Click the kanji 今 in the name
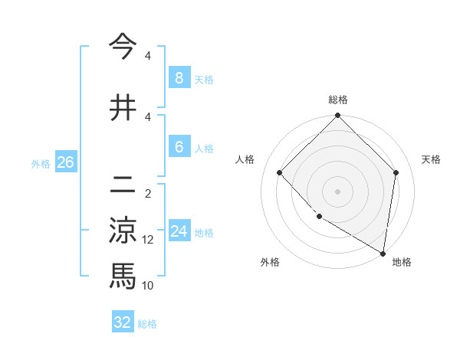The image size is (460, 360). pyautogui.click(x=123, y=47)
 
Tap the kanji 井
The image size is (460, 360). pyautogui.click(x=123, y=108)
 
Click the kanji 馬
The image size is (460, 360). pyautogui.click(x=123, y=275)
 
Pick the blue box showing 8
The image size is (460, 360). pyautogui.click(x=179, y=77)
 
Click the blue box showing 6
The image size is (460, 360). pyautogui.click(x=179, y=147)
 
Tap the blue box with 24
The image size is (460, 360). pyautogui.click(x=179, y=231)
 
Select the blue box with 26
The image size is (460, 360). pyautogui.click(x=65, y=162)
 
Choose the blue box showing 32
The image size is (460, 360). pyautogui.click(x=123, y=322)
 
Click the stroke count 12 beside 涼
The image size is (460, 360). pyautogui.click(x=148, y=240)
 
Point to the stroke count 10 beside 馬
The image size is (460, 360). pyautogui.click(x=148, y=286)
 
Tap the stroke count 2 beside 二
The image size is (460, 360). pyautogui.click(x=148, y=194)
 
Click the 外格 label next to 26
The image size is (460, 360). pyautogui.click(x=41, y=163)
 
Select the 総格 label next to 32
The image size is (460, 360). pyautogui.click(x=147, y=324)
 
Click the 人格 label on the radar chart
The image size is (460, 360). pyautogui.click(x=245, y=159)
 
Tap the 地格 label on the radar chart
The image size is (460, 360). pyautogui.click(x=402, y=262)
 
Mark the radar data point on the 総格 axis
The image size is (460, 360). pyautogui.click(x=337, y=116)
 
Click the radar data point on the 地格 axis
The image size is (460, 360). pyautogui.click(x=383, y=254)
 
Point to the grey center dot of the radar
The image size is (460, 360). pyautogui.click(x=337, y=191)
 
